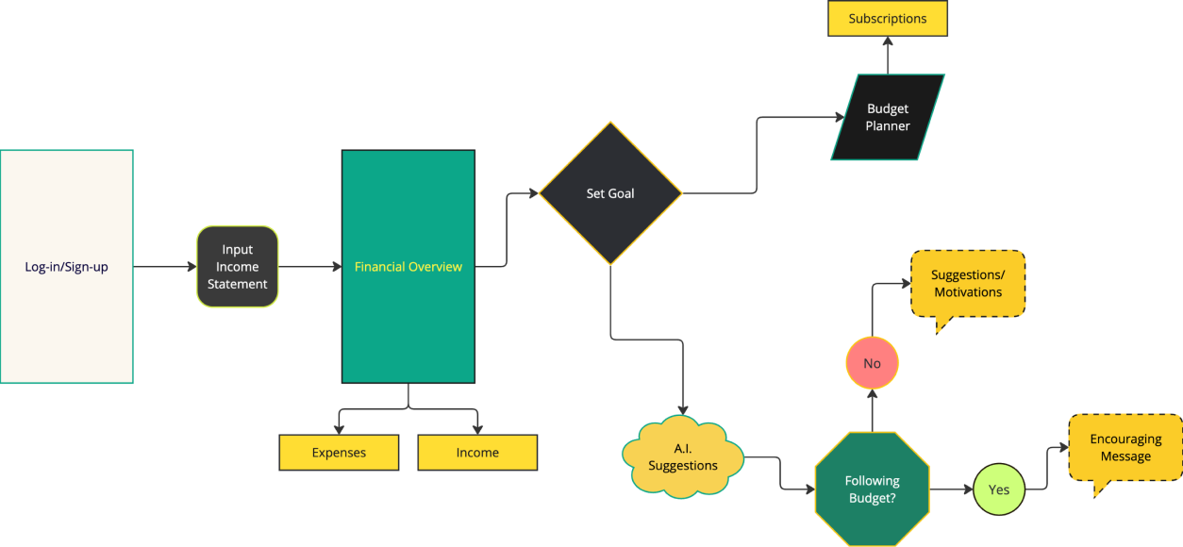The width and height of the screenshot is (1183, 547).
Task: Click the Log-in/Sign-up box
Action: pyautogui.click(x=66, y=267)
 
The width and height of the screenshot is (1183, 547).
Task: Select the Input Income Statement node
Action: pyautogui.click(x=237, y=267)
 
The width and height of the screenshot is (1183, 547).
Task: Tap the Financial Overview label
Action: pyautogui.click(x=408, y=267)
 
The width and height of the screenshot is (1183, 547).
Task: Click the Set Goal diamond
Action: pyautogui.click(x=609, y=193)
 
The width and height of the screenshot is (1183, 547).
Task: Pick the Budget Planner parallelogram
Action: pyautogui.click(x=887, y=117)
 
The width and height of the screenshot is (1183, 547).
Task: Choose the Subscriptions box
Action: pyautogui.click(x=887, y=19)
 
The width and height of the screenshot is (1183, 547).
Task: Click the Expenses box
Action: pyautogui.click(x=339, y=453)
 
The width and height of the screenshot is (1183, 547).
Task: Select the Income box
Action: pyautogui.click(x=477, y=453)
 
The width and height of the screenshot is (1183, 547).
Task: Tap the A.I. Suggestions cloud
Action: pyautogui.click(x=683, y=457)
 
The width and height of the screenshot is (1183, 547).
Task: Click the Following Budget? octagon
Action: pyautogui.click(x=872, y=489)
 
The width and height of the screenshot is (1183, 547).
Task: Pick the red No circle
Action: pyautogui.click(x=872, y=363)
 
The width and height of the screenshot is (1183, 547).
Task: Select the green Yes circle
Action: pyautogui.click(x=998, y=489)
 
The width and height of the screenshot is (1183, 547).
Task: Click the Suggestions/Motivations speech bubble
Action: pyautogui.click(x=968, y=284)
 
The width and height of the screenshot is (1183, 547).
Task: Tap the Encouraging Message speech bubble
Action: pyautogui.click(x=1125, y=448)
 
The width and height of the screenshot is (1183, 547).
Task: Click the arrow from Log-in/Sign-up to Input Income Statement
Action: pyautogui.click(x=164, y=267)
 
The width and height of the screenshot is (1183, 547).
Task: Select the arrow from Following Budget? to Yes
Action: pyautogui.click(x=951, y=489)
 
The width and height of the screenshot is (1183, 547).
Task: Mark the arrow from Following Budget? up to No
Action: pyautogui.click(x=872, y=410)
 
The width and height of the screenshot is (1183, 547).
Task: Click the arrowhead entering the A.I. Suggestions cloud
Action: pyautogui.click(x=683, y=408)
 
